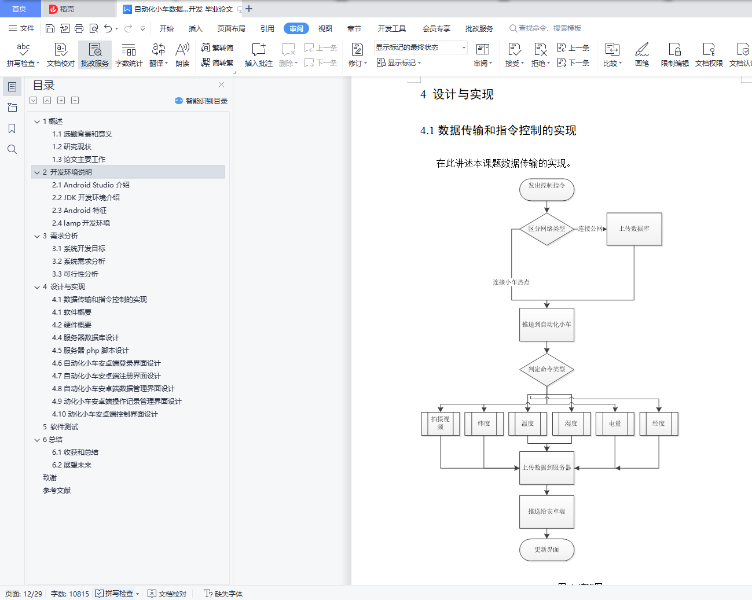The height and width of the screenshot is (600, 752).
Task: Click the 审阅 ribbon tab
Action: click(x=296, y=28)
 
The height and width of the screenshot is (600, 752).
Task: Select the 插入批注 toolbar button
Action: click(x=259, y=54)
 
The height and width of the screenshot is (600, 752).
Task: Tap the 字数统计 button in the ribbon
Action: click(x=129, y=54)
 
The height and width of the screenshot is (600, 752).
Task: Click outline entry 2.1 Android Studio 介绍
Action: click(x=90, y=185)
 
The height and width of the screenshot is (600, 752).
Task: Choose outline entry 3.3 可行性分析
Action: click(x=75, y=274)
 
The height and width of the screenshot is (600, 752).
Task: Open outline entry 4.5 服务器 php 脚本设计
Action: click(x=90, y=350)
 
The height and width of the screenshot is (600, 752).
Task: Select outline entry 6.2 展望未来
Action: click(x=72, y=465)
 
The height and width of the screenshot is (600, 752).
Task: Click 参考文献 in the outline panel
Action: click(x=57, y=490)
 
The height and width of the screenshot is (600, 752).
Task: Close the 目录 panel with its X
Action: click(x=221, y=85)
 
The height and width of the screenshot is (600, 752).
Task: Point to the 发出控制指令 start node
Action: click(x=546, y=190)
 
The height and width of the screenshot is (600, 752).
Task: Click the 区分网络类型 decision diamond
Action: click(x=546, y=229)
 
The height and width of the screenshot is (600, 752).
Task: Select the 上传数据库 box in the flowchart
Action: click(x=634, y=229)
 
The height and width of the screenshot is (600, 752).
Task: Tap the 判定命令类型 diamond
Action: click(x=546, y=370)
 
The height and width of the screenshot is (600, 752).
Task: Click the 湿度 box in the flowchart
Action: click(x=571, y=424)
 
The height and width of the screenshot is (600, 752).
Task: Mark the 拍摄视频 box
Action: click(x=441, y=424)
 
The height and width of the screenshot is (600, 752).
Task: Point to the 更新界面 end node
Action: click(x=546, y=550)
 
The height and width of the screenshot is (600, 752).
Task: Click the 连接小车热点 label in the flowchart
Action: click(x=511, y=282)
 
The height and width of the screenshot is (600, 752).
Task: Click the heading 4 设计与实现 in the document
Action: click(x=457, y=94)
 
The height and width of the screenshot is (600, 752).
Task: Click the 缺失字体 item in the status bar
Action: click(x=223, y=594)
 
